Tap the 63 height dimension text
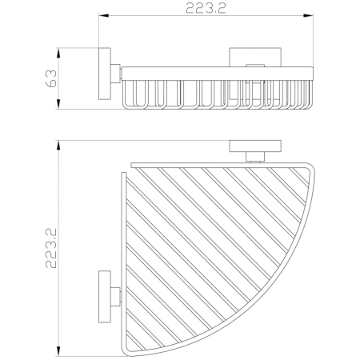(x=50, y=78)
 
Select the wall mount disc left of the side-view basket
(x=105, y=77)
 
